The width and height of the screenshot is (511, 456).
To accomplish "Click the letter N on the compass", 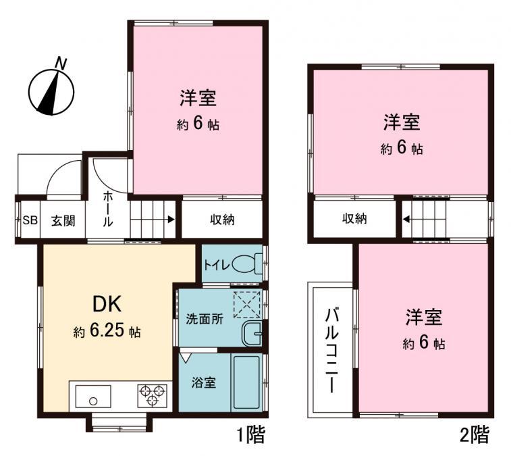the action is pos(61,63).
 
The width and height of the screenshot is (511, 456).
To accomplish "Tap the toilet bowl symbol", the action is pos(247,264).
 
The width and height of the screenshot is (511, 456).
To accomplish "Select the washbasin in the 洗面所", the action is pos(251,333).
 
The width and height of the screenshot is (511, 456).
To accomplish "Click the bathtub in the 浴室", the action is pos(246,382).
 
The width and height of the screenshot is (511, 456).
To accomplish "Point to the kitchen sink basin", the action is pos(93,396).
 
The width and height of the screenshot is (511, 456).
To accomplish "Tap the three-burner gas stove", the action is pos(152,396).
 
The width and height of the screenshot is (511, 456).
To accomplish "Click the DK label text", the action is pos(107,304).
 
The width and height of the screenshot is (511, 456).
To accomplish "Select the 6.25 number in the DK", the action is pos(107,331).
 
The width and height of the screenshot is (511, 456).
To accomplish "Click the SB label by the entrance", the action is pos(30,220).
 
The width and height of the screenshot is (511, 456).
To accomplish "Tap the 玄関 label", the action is pos(63,221).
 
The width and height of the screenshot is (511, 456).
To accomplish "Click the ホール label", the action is pos(108,209).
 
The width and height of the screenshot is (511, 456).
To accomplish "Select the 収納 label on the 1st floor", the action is pos(222,220).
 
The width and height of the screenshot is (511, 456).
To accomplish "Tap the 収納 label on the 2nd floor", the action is pos(354,218).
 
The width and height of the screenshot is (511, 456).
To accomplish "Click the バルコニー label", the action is pos(332,351).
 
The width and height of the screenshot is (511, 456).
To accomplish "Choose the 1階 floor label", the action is pos(250,435).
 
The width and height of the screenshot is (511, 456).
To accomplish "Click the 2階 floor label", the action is pos(475,435).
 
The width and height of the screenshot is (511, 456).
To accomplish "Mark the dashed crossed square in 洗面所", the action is pos(247,305).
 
